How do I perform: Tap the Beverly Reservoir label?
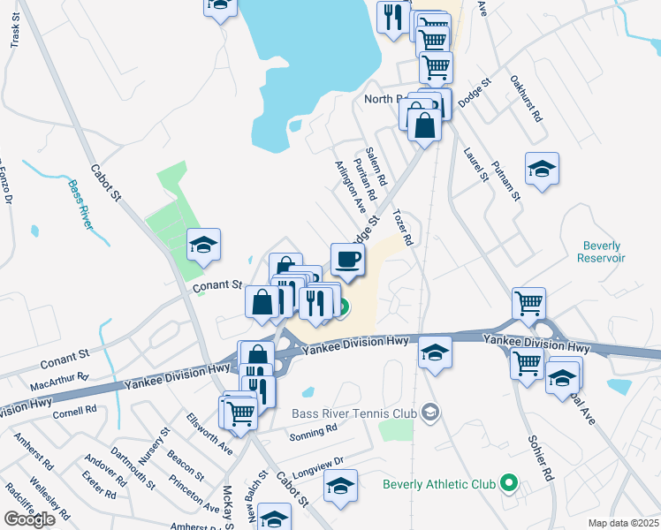(602, 252)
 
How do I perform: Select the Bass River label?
(80, 204)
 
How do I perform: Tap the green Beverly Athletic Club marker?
(508, 483)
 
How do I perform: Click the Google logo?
(29, 519)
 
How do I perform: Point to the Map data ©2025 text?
(623, 523)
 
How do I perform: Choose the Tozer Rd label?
(402, 227)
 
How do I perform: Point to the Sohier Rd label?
(540, 458)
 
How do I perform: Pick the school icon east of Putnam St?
(542, 170)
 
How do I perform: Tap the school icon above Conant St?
(204, 245)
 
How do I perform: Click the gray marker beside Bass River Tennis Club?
(430, 413)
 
